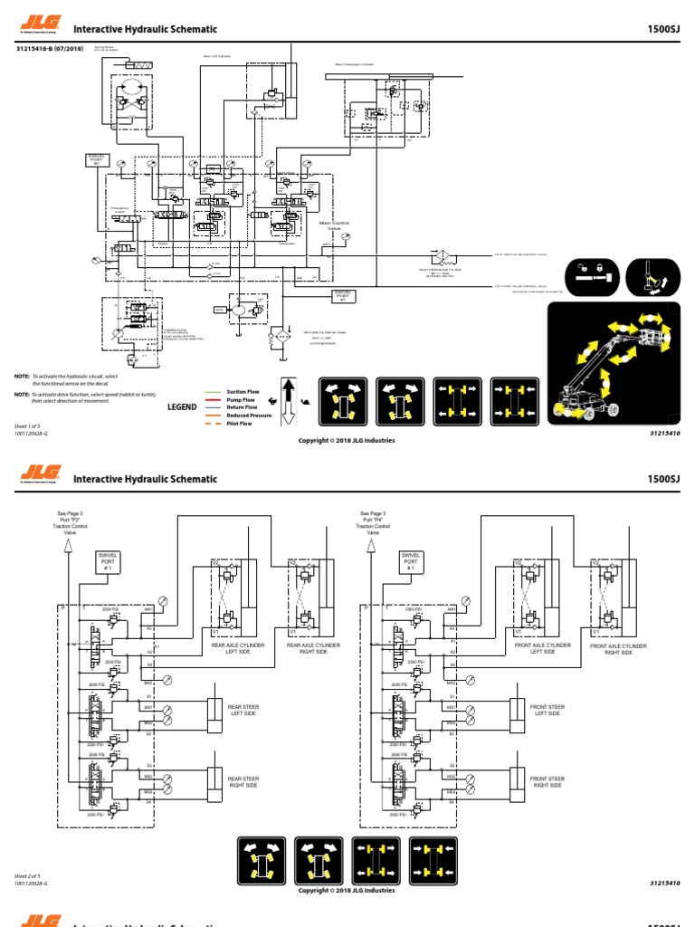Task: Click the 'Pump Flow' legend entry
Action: point(241,399)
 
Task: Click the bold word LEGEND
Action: point(182,407)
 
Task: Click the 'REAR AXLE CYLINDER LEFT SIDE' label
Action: point(240,648)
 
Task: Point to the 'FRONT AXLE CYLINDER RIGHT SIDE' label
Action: point(618,649)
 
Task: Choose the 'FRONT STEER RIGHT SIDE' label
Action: point(547,781)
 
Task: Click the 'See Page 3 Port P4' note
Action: point(372,522)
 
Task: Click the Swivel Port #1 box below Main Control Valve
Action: point(342,296)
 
